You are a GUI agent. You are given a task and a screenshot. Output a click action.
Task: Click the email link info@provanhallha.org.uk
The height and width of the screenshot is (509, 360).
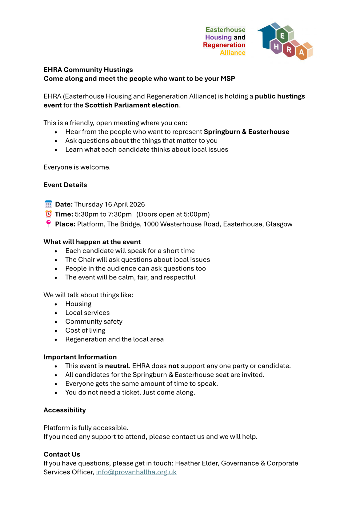point(136,472)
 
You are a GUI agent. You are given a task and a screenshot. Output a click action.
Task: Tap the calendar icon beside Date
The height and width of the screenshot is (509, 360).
point(48,204)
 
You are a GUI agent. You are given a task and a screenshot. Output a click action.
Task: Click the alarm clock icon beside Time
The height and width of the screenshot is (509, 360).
point(48,214)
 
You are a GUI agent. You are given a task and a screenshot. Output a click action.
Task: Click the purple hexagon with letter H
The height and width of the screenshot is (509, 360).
point(276,47)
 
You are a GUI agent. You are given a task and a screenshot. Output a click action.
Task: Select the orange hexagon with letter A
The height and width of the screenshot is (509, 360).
point(302,52)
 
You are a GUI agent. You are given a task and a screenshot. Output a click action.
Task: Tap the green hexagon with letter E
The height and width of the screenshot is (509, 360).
point(282,36)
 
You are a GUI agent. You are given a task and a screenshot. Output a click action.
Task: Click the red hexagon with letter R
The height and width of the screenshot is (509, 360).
point(289,50)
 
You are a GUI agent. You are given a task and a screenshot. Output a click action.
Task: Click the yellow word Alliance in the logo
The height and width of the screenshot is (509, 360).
point(233,53)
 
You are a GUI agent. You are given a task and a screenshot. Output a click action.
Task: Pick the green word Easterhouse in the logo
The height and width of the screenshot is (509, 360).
point(225,30)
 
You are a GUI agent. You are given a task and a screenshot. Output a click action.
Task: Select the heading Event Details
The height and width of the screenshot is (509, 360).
point(65,185)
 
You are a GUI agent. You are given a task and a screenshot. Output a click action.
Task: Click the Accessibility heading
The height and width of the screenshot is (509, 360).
point(65,410)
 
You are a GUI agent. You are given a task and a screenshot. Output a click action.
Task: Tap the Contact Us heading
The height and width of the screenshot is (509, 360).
point(62,455)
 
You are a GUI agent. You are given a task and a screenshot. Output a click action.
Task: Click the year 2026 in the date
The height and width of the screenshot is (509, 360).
point(137,204)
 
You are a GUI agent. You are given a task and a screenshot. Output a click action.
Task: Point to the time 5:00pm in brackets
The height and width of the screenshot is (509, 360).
point(197,214)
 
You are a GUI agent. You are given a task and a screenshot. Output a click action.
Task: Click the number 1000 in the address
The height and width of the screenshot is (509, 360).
point(151,224)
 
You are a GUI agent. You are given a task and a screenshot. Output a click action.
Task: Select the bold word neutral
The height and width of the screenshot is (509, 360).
point(117,366)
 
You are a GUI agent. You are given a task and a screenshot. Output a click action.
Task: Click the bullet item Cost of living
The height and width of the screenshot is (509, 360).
point(85,331)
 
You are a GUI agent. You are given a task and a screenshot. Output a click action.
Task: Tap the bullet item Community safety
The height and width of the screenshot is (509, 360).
point(94,322)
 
